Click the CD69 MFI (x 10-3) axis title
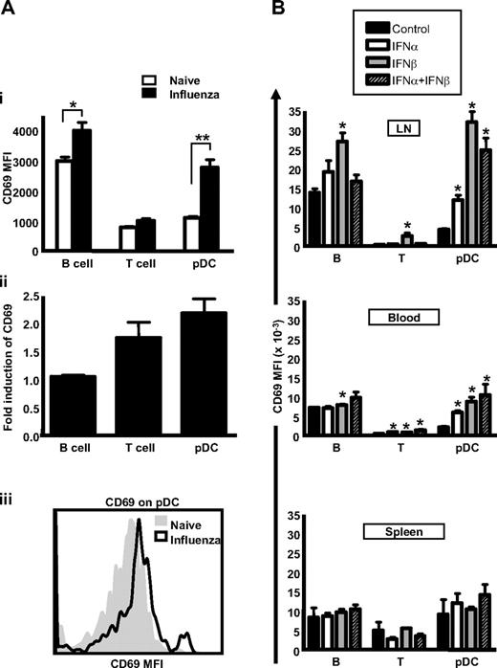[x=278, y=344]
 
